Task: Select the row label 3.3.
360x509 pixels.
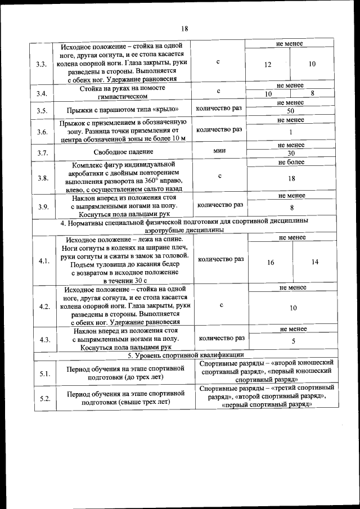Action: [41, 64]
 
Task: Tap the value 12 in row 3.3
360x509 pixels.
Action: [268, 65]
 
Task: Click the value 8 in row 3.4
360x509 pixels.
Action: [312, 93]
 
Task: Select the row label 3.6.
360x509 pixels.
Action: [41, 132]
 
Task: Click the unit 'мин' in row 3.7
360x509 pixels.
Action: [219, 151]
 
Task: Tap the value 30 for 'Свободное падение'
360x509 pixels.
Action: [291, 154]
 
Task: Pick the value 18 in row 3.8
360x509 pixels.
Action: [291, 178]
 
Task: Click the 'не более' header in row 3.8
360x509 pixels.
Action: [291, 162]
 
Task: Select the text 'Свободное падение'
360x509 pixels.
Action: [123, 152]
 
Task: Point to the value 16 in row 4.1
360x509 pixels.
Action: [271, 262]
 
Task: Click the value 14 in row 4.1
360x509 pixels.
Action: [314, 262]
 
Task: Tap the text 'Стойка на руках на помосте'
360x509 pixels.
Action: [123, 89]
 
